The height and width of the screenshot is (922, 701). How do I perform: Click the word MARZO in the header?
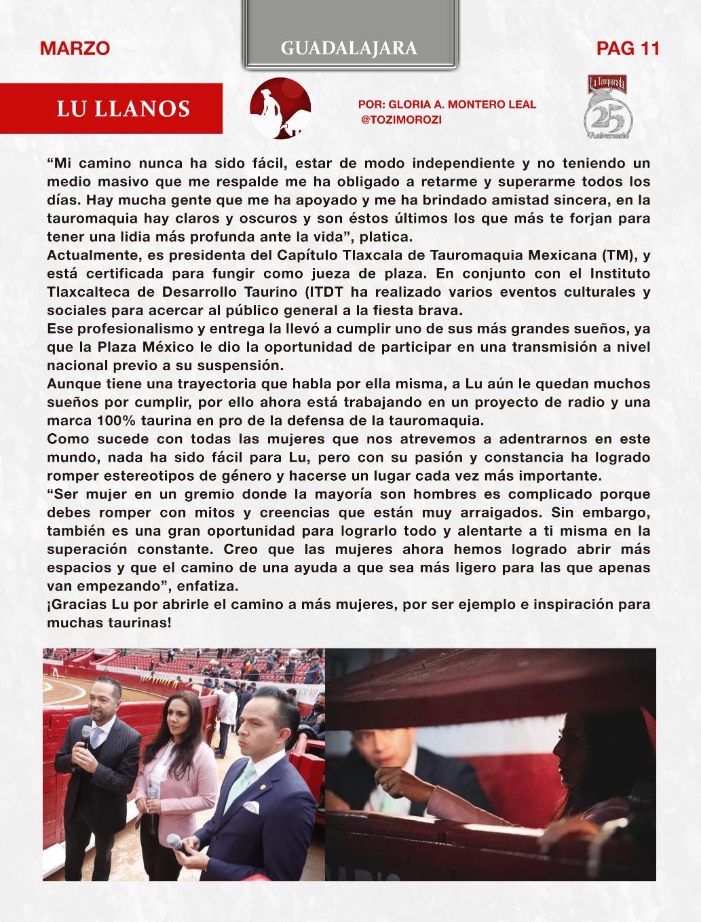click(x=75, y=48)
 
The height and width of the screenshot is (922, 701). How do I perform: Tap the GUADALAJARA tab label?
click(x=349, y=48)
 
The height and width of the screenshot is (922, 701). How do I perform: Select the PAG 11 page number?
click(x=628, y=48)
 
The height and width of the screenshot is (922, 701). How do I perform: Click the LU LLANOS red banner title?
click(x=123, y=109)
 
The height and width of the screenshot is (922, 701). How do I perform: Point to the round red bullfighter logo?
click(x=280, y=109)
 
